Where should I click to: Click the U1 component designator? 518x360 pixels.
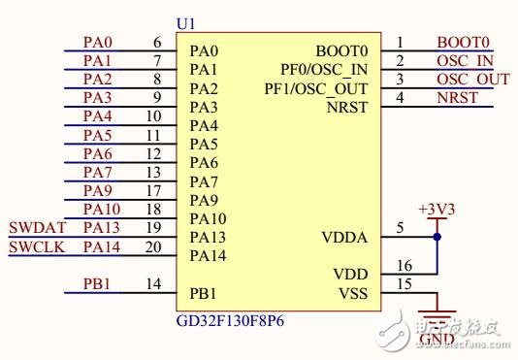point(184,22)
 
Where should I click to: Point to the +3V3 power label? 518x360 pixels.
point(435,209)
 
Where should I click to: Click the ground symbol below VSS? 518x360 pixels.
point(436,315)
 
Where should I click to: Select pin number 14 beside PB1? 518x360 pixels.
point(153,284)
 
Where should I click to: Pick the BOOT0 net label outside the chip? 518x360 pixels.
point(464,43)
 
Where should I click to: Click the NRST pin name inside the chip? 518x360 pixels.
point(348,107)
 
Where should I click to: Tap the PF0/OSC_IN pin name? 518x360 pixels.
point(324,69)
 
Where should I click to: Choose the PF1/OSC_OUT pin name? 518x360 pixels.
point(316,88)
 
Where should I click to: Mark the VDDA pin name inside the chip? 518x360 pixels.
point(344,237)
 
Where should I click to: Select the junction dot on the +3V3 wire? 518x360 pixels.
point(437,236)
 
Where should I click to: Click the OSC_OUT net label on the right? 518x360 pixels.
point(472,80)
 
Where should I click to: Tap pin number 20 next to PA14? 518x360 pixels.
point(153,246)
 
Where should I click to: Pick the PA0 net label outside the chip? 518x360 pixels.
point(98,43)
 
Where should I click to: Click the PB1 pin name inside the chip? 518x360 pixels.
point(204,293)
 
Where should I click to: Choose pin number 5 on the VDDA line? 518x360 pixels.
point(400,228)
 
